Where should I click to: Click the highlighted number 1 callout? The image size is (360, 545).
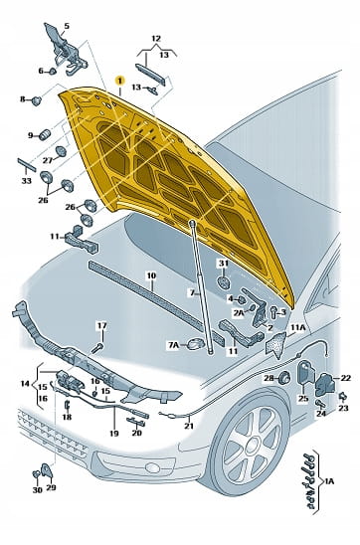120,81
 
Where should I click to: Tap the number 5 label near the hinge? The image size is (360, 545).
67,26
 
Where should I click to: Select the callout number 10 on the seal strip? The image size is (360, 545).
151,275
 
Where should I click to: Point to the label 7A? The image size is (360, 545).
173,345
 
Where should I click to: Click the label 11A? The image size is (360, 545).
298,327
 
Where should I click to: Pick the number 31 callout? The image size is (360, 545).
224,264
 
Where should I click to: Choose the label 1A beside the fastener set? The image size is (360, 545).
329,481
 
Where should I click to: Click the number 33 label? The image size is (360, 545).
27,181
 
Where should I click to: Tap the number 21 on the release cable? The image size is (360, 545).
189,426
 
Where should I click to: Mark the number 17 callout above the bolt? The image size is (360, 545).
101,326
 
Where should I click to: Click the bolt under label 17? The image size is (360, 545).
98,347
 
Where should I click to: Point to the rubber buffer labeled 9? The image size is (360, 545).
45,135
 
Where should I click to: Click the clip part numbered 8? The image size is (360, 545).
37,100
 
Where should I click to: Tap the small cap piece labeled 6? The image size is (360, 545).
52,72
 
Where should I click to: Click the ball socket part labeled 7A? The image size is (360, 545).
195,344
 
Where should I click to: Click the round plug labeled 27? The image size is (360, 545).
61,151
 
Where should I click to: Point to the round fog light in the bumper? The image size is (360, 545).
153,467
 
